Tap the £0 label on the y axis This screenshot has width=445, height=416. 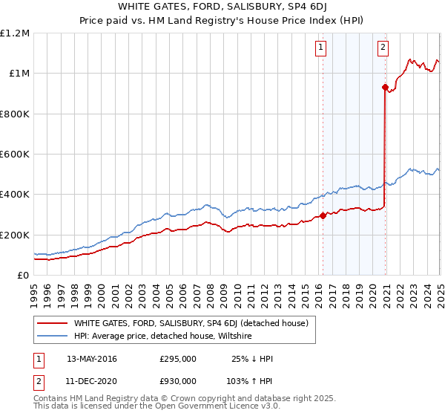click(23, 276)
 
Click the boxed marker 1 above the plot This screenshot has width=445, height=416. click(320, 48)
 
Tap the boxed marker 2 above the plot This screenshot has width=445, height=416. click(383, 48)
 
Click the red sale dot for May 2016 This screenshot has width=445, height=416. click(323, 216)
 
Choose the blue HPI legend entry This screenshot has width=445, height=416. click(162, 336)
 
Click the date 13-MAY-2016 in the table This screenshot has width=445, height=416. click(92, 359)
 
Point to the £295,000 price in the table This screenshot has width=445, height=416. click(178, 359)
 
